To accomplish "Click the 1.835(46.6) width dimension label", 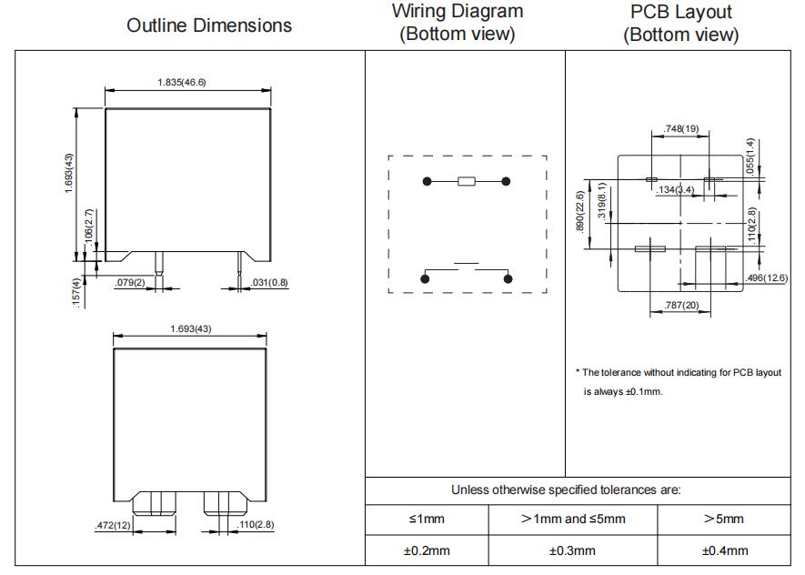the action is [x=182, y=82].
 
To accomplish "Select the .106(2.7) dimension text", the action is [x=89, y=226].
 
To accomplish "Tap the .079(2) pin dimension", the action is [x=130, y=282].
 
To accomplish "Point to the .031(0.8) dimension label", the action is [x=269, y=282].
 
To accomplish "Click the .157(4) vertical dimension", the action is [x=76, y=293].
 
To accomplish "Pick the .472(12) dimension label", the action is [x=113, y=525].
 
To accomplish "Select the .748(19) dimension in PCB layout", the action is [x=680, y=128].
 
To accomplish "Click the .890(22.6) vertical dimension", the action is [x=580, y=211].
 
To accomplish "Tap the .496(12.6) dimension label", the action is [x=767, y=277].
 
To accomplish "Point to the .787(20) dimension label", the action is [x=681, y=305].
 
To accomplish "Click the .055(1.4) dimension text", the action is [x=750, y=156].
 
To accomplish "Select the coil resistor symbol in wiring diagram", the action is [x=466, y=181].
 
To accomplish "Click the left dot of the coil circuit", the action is [x=428, y=181].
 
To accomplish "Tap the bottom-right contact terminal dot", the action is [x=508, y=278].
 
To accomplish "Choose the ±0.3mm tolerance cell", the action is [x=572, y=550].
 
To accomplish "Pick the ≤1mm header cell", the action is [x=427, y=519].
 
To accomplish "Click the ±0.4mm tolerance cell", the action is [x=725, y=550].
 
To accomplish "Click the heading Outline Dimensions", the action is [x=209, y=25].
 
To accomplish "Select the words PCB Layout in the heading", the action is [x=680, y=11].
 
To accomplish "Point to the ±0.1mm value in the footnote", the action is [x=644, y=392].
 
